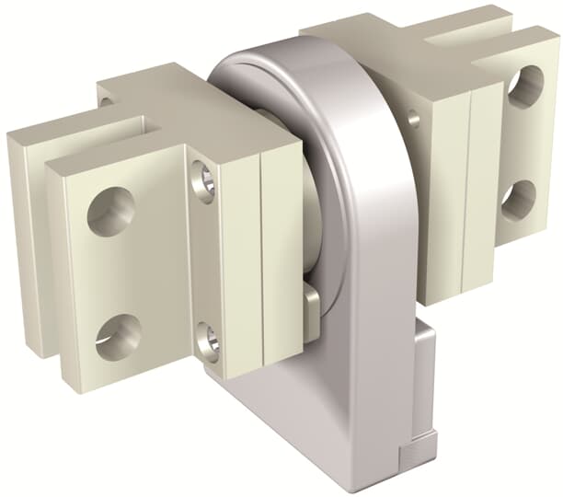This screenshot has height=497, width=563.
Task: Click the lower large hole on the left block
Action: [118, 335]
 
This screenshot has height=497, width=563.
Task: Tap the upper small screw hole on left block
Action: [202, 182]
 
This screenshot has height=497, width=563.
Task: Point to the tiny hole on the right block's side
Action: [413, 118]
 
